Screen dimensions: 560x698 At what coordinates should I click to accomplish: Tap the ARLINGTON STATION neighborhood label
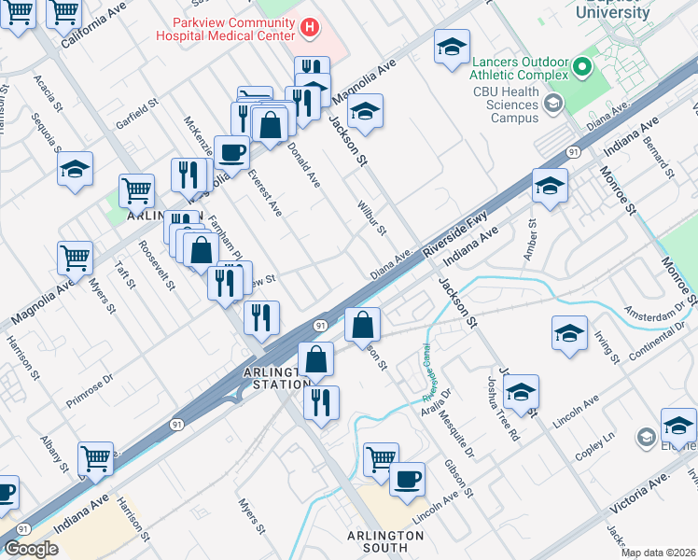click(275, 378)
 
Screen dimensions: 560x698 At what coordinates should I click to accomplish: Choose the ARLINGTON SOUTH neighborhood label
click(385, 543)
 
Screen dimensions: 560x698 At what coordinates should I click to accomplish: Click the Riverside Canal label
click(430, 372)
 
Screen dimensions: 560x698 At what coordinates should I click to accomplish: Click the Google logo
click(32, 549)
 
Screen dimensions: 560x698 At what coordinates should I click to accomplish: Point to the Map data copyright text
click(659, 553)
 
